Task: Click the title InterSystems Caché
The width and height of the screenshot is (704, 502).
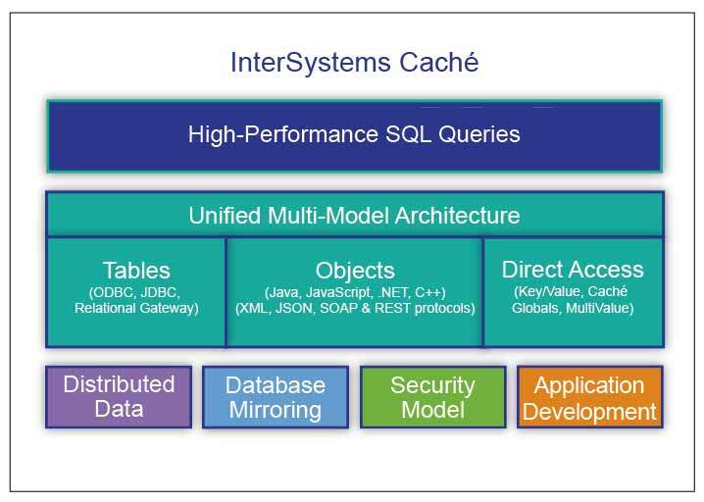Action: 354,63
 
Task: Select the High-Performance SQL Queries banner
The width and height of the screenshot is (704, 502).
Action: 354,134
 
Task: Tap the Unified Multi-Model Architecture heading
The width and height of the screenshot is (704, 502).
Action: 354,215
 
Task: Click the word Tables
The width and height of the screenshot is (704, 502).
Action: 136,270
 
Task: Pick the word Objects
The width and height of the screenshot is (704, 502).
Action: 355,270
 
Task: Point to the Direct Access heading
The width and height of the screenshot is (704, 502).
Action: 573,269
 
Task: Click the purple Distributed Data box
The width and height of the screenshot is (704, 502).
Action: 119,396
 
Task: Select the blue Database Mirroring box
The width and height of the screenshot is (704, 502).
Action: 276,397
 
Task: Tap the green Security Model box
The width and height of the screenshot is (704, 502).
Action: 432,396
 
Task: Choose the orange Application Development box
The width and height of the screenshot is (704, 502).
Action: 589,397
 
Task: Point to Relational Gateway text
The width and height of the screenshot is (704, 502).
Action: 136,308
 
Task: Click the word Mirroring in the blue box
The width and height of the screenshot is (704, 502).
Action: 276,410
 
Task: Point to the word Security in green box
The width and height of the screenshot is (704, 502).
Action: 432,384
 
